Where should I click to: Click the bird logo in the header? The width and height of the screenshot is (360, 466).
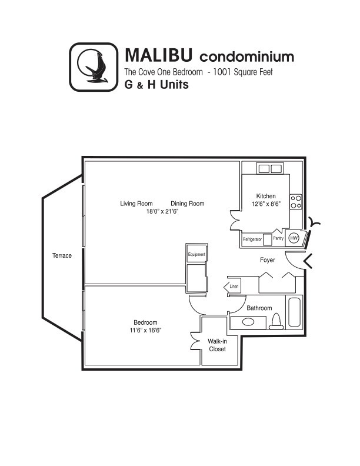[x=94, y=67]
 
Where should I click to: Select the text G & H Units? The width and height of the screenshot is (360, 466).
[x=156, y=84]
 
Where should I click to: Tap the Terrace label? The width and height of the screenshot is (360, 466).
[x=61, y=255]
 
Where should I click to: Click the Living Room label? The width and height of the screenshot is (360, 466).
[x=136, y=204]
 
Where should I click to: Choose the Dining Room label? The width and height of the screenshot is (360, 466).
[x=188, y=204]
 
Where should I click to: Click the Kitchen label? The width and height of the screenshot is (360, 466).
[x=266, y=196]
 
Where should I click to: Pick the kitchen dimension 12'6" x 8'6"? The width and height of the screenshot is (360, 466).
[x=266, y=204]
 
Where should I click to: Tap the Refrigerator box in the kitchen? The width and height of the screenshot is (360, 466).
[x=252, y=239]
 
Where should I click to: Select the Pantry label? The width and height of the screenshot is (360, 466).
[x=278, y=238]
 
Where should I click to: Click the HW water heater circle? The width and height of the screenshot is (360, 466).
[x=294, y=238]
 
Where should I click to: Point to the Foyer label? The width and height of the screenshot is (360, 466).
[x=268, y=259]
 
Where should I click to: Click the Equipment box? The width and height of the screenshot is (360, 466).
[x=196, y=254]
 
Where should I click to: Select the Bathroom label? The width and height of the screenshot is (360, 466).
[x=259, y=308]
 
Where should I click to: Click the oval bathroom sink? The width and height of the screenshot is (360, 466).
[x=249, y=322]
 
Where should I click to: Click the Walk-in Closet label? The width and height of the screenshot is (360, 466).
[x=217, y=345]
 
